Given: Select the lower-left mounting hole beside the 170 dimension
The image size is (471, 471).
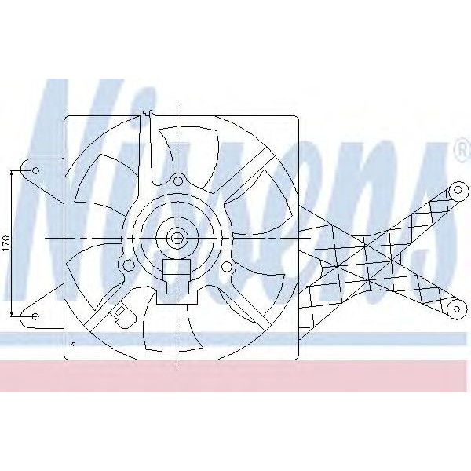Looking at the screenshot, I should coord(35,316).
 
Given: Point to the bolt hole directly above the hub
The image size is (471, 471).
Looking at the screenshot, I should coord(178,182).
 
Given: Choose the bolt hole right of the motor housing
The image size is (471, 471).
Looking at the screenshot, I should coord(228,266).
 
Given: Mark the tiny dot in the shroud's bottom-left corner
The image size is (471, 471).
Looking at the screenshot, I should coord(73,344).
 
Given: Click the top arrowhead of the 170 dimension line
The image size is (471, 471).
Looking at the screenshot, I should coord(12,170).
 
